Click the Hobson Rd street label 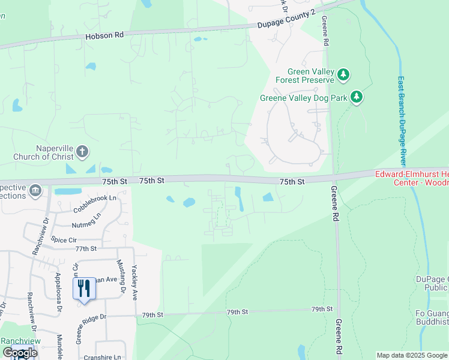(x=104, y=35)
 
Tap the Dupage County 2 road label (x=286, y=21)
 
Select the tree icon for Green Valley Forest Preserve (x=343, y=75)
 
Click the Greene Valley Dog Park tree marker (x=357, y=97)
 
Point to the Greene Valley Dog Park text (x=303, y=98)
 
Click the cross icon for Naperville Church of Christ (x=83, y=152)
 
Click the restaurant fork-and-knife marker (x=84, y=289)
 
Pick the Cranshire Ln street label (x=103, y=357)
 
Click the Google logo (x=20, y=352)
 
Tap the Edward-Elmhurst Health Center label (x=411, y=178)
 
